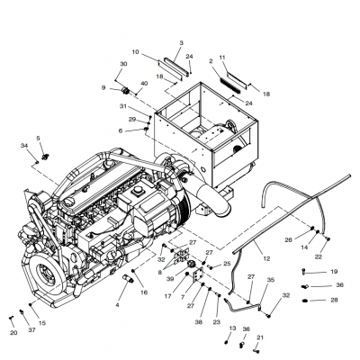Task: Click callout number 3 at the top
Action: point(180,43)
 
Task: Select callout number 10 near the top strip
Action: point(136,51)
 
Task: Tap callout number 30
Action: point(123,63)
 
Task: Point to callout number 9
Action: point(103,87)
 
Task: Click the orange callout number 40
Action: point(144,84)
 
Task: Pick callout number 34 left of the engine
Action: point(24,144)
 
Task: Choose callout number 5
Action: point(38,138)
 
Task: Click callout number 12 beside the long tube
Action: point(265,258)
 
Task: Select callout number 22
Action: point(318,257)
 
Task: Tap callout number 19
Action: point(334,271)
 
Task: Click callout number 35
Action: point(268,281)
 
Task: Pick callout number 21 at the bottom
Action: point(261,338)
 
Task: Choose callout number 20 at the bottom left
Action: point(13,333)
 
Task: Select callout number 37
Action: point(32,329)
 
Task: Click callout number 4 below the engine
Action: point(116,305)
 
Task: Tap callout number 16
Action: point(143,292)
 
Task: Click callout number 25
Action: point(227,264)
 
